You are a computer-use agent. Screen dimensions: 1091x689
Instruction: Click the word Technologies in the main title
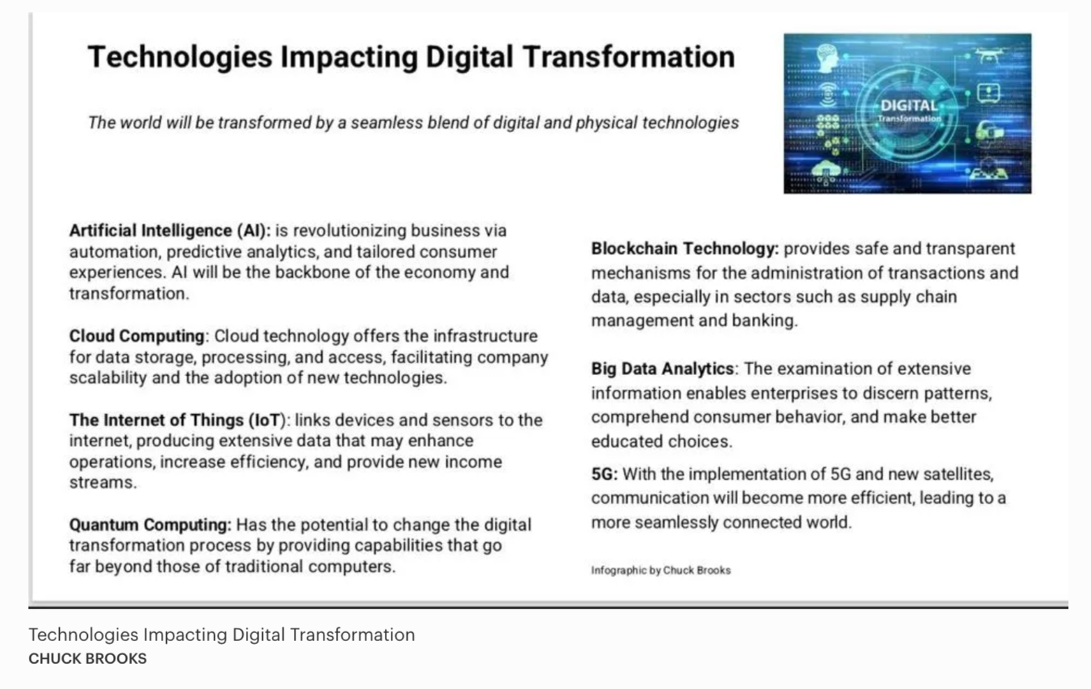click(179, 58)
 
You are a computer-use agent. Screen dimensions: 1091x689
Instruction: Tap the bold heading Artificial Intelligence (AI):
click(170, 230)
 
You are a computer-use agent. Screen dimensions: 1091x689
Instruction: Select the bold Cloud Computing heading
click(137, 336)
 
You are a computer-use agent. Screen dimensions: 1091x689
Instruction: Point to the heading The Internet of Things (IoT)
click(177, 419)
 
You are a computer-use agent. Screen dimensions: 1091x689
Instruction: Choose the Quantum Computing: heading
click(151, 525)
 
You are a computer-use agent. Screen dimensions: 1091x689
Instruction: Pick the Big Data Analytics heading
click(663, 369)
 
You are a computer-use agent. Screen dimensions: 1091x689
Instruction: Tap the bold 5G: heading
click(604, 474)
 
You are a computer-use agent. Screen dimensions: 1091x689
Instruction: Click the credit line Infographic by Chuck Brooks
click(661, 570)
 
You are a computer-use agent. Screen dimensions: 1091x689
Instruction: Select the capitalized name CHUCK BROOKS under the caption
click(88, 659)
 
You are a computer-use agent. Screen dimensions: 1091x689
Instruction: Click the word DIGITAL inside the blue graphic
click(909, 106)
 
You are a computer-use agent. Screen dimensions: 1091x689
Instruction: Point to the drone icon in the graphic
click(989, 55)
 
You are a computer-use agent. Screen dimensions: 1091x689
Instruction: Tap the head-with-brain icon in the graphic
click(827, 58)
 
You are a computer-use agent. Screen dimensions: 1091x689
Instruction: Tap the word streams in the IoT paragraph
click(101, 482)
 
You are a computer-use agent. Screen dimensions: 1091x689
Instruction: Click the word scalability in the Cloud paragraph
click(108, 378)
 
